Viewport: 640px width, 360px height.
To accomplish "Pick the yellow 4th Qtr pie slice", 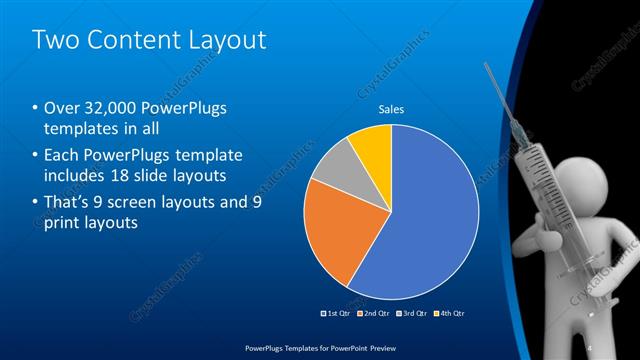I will tap(372, 145).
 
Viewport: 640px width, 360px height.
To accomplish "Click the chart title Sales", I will tap(390, 110).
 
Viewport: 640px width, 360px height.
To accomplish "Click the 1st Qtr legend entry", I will tap(335, 313).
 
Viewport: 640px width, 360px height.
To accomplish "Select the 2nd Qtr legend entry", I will tap(372, 313).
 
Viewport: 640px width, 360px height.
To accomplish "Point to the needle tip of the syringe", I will tap(487, 66).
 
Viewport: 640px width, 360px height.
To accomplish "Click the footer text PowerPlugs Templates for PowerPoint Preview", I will tap(319, 348).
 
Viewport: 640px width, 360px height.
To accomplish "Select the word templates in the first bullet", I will tap(82, 129).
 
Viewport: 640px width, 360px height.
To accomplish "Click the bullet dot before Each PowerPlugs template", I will tap(36, 156).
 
